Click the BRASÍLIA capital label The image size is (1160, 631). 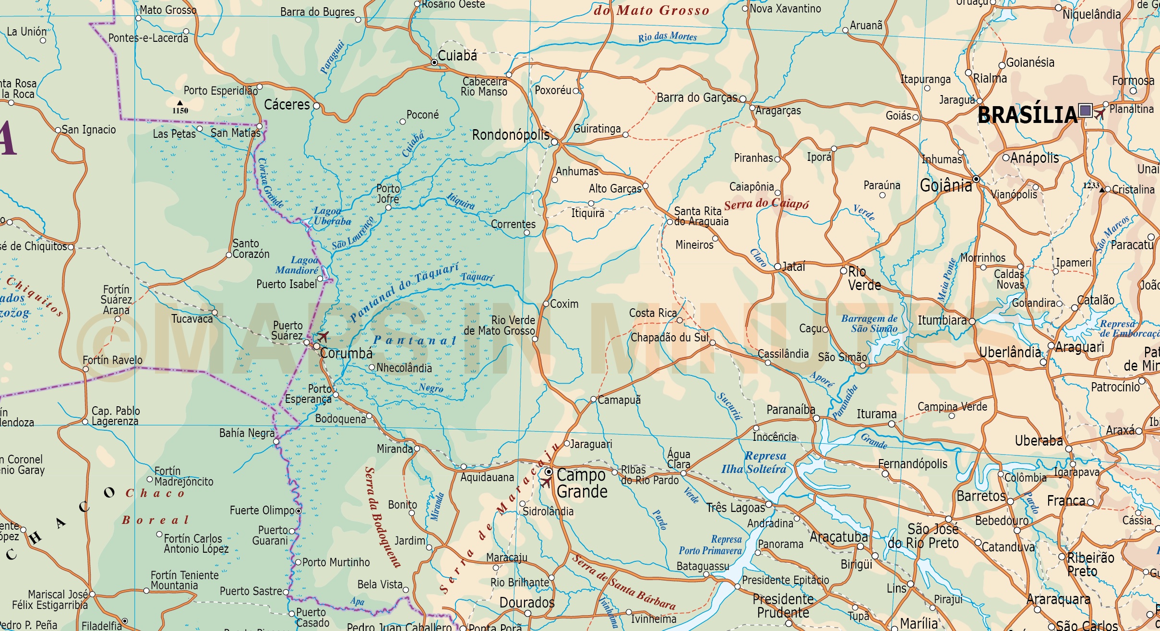[x=1027, y=115]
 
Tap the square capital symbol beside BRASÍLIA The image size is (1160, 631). [x=1085, y=111]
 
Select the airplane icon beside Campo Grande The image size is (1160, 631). [x=546, y=481]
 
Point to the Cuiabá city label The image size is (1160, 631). [x=457, y=56]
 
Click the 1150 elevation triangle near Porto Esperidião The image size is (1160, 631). [x=180, y=103]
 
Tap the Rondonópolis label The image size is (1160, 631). [x=511, y=135]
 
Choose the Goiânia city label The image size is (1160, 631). [x=945, y=185]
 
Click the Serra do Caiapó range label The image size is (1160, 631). [x=766, y=204]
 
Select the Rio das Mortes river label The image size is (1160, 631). [x=667, y=37]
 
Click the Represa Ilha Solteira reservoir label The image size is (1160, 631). [x=754, y=462]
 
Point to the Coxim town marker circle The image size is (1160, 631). [x=546, y=304]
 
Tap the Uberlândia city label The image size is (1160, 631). [x=1010, y=353]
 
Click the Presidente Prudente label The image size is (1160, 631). [x=783, y=606]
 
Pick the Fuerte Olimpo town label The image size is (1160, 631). [x=262, y=510]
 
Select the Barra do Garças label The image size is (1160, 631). [x=696, y=98]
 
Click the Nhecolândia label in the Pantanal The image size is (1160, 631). [x=404, y=368]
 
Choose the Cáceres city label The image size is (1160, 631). [x=287, y=105]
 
